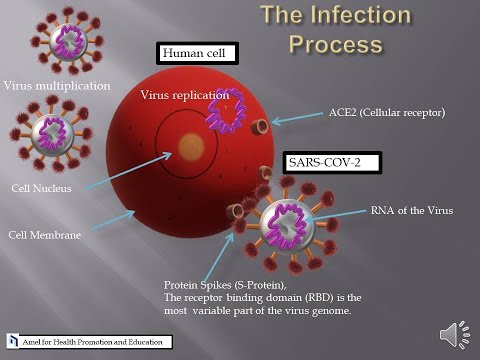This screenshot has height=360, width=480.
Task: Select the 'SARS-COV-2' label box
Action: pyautogui.click(x=322, y=160)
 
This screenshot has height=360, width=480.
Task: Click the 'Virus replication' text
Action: pyautogui.click(x=181, y=95)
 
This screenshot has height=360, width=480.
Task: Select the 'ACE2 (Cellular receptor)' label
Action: pyautogui.click(x=386, y=113)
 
